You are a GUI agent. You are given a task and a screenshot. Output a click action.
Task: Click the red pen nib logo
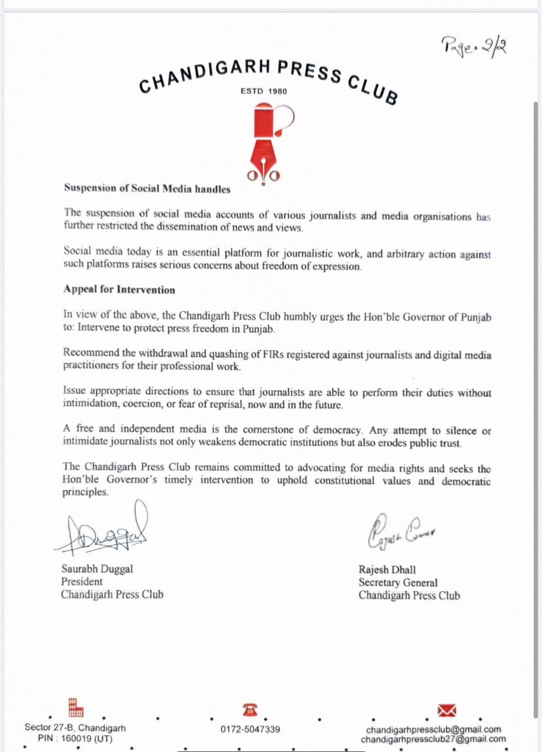point(264,144)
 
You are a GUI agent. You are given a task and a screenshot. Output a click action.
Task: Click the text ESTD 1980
point(263,91)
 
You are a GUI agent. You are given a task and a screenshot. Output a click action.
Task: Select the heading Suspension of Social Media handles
point(147,189)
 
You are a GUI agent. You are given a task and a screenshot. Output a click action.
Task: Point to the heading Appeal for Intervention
point(119,290)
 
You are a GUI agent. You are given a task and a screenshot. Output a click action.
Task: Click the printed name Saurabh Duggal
point(97,569)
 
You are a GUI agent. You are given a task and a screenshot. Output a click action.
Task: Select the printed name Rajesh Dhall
point(387,570)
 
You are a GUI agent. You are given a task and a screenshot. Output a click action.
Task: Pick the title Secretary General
point(398,582)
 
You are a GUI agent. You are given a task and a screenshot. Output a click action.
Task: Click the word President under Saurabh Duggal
point(82,581)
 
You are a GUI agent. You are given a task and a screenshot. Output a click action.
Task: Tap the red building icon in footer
point(76,707)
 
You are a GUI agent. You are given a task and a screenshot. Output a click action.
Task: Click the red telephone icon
point(250,710)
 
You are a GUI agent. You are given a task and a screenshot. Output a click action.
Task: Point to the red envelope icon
point(446,710)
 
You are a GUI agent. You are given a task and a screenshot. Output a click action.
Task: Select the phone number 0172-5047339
point(250,729)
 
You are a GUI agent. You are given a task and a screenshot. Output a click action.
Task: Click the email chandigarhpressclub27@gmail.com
point(433,739)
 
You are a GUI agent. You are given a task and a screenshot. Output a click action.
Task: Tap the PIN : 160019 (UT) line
point(75,738)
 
